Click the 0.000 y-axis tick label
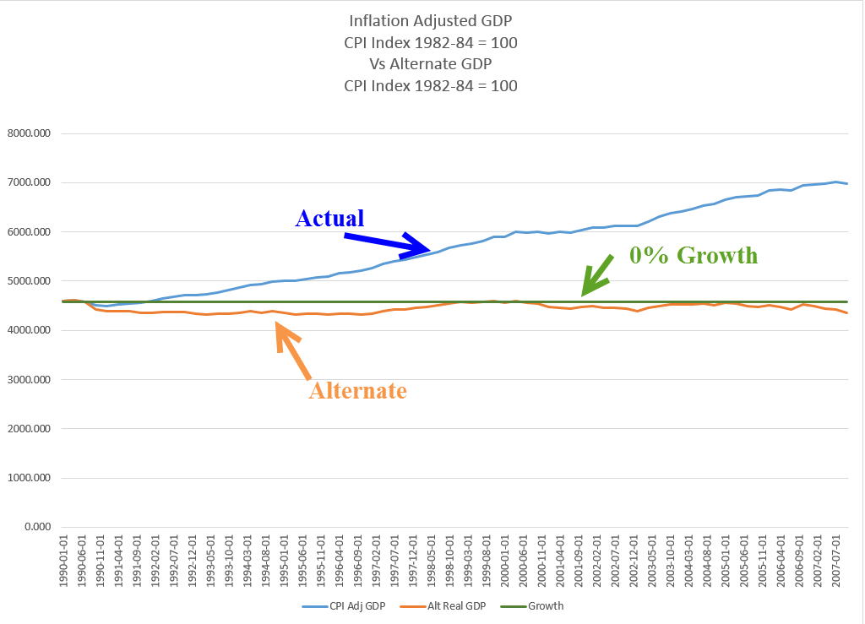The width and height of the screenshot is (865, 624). (37, 527)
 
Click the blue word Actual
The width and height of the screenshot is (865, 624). (329, 218)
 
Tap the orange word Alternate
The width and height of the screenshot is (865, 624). (357, 391)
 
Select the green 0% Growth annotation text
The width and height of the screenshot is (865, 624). (693, 255)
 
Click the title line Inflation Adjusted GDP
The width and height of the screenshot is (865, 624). (431, 20)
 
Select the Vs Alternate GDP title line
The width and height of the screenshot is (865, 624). (431, 64)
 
